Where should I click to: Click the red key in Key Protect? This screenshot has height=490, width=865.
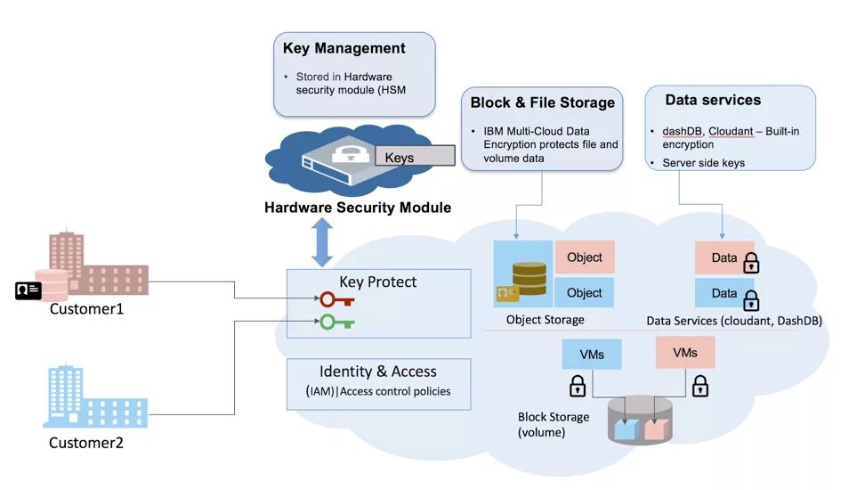337,300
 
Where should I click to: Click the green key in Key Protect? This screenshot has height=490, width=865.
337,322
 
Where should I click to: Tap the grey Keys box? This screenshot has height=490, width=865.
415,156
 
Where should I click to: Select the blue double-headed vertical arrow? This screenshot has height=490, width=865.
322,242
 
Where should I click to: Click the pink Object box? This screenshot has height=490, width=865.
585,257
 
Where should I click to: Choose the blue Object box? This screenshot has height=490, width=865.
584,293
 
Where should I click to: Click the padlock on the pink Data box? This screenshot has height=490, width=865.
751,263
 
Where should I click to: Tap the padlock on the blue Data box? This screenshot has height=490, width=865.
751,300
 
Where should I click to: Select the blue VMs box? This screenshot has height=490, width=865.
592,354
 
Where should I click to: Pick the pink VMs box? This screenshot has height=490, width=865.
685,353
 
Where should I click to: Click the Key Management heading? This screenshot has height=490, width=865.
344,49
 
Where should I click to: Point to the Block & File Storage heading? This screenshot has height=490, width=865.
542,102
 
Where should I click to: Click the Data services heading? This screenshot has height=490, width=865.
713,100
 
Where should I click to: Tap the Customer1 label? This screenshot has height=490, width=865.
86,309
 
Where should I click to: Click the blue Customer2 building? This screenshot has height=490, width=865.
95,396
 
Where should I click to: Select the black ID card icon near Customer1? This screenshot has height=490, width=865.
28,290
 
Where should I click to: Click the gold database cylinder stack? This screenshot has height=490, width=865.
530,279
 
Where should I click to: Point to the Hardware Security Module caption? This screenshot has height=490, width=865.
358,208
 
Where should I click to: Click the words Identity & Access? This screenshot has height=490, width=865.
378,372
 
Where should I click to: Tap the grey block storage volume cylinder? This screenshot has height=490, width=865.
640,420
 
